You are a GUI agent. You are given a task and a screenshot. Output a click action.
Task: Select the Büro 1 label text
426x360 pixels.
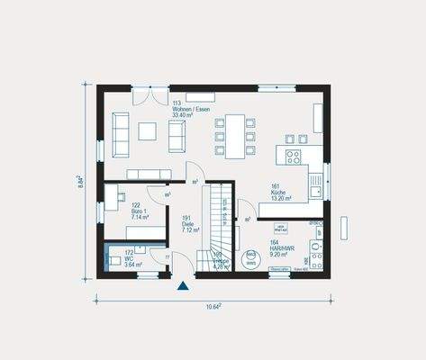(140, 211)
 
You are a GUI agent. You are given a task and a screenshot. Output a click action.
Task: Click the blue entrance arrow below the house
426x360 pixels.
(184, 286)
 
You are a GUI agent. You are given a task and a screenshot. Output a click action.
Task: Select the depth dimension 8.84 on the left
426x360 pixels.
(80, 180)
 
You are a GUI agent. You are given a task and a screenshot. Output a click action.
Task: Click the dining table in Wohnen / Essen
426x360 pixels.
(235, 136)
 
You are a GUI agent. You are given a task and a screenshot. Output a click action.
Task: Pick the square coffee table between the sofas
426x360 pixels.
(147, 131)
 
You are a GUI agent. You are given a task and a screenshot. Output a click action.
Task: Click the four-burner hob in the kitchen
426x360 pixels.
(293, 156)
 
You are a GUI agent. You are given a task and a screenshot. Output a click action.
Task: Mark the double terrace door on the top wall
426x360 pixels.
(150, 94)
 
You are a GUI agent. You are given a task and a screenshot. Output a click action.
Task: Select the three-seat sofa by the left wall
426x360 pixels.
(120, 135)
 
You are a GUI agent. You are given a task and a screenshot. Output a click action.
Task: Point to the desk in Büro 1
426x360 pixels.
(111, 198)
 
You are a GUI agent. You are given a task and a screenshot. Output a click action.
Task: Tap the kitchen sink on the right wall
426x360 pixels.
(316, 184)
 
